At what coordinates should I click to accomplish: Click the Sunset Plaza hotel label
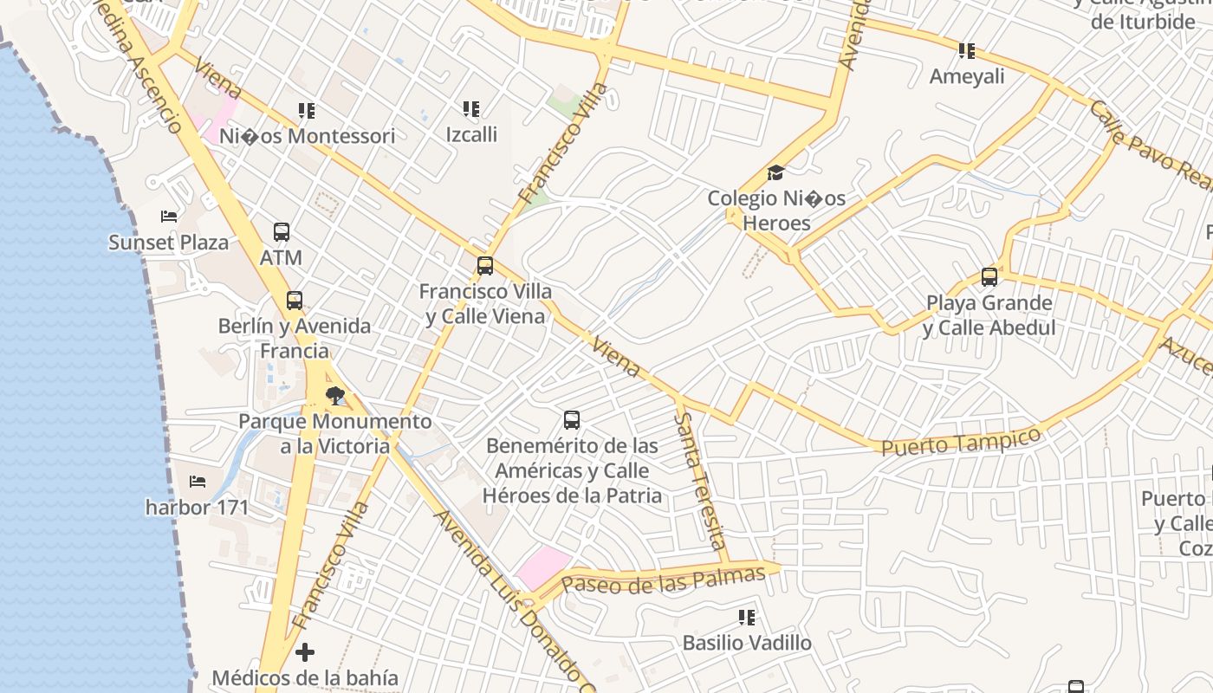168,242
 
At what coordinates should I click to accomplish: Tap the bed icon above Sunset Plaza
169,216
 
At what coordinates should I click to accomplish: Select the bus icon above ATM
282,232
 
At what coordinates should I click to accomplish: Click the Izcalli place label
471,134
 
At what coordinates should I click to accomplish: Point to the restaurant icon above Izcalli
471,109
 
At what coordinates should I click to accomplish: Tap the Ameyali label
967,76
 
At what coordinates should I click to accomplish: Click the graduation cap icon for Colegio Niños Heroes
775,173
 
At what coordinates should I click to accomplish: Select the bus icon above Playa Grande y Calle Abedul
989,277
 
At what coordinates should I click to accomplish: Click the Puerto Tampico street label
961,441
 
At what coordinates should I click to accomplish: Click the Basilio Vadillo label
747,643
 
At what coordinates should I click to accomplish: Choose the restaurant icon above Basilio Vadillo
747,618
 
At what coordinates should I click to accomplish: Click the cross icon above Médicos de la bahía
305,651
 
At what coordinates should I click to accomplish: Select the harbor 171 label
197,507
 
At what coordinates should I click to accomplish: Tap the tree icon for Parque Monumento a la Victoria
334,397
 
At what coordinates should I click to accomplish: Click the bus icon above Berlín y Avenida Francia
295,301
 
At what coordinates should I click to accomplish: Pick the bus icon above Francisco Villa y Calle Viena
485,266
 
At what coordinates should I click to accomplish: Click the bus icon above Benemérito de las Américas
572,420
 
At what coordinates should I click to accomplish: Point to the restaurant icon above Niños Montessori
307,111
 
